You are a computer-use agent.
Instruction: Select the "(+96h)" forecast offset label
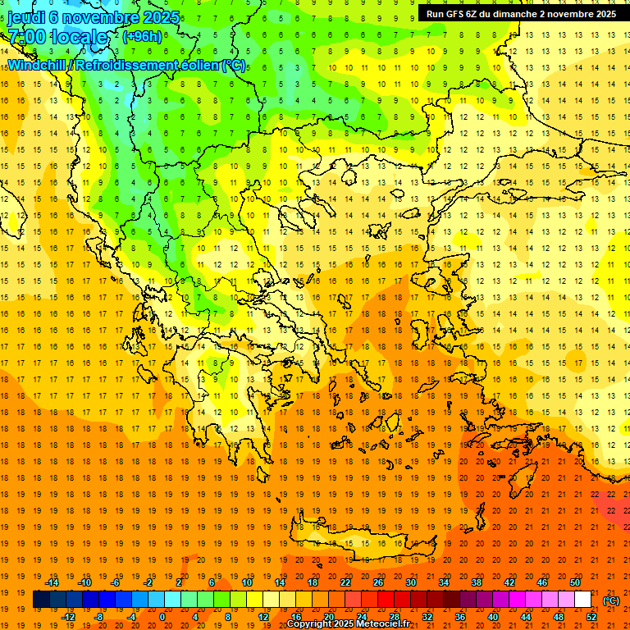point(142,37)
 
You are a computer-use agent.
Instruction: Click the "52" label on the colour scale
point(591,617)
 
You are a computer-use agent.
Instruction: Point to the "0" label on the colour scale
point(162,617)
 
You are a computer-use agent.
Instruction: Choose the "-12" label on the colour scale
point(69,617)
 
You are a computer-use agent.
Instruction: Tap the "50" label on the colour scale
point(575,582)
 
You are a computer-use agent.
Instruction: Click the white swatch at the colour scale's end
point(583,600)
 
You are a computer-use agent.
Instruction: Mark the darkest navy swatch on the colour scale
point(41,600)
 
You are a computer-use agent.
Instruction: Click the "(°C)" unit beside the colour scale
point(611,600)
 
